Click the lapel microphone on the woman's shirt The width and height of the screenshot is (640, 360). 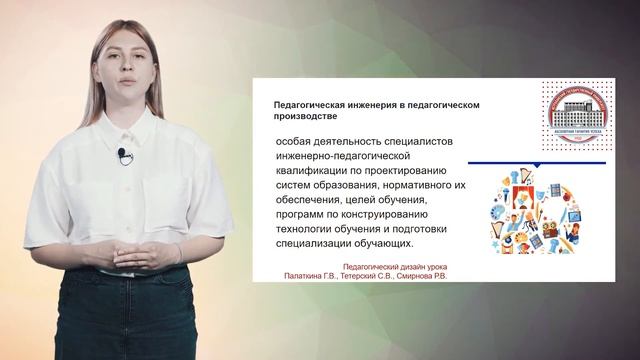pos(121,153)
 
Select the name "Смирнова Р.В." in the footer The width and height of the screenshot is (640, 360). pos(416,275)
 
